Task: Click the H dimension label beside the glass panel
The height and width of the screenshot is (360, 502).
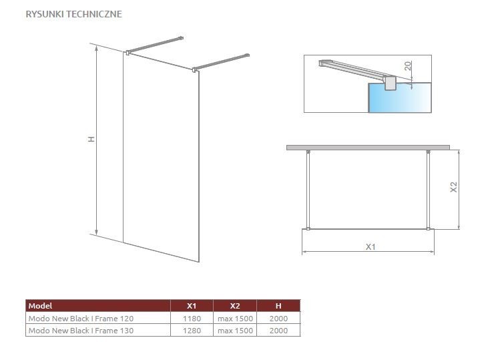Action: pos(91,139)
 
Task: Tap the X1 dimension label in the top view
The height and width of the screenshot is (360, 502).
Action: pos(370,246)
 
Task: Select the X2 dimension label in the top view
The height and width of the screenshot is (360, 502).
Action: pos(453,188)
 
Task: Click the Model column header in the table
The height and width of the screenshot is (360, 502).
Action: pos(40,306)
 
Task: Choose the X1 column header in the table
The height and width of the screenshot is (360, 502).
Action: pos(192,306)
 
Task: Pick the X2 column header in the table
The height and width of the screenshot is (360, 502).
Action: pos(235,306)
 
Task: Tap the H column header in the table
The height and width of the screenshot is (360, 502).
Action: pos(278,306)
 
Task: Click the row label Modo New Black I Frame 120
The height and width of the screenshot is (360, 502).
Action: pos(76,319)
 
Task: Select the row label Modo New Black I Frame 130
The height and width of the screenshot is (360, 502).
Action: pos(76,330)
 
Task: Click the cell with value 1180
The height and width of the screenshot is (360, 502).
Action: pos(192,319)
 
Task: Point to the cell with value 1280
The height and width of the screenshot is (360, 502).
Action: pos(192,330)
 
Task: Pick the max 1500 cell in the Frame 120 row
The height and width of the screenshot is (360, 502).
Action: pos(235,319)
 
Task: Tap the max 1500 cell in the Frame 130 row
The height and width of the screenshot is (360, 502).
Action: pos(235,330)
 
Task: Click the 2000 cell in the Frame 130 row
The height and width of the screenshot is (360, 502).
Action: pos(278,330)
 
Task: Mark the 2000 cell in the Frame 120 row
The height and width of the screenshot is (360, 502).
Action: pos(278,319)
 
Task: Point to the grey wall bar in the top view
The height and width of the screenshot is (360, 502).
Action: pos(368,147)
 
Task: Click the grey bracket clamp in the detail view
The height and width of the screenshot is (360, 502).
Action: pos(389,82)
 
